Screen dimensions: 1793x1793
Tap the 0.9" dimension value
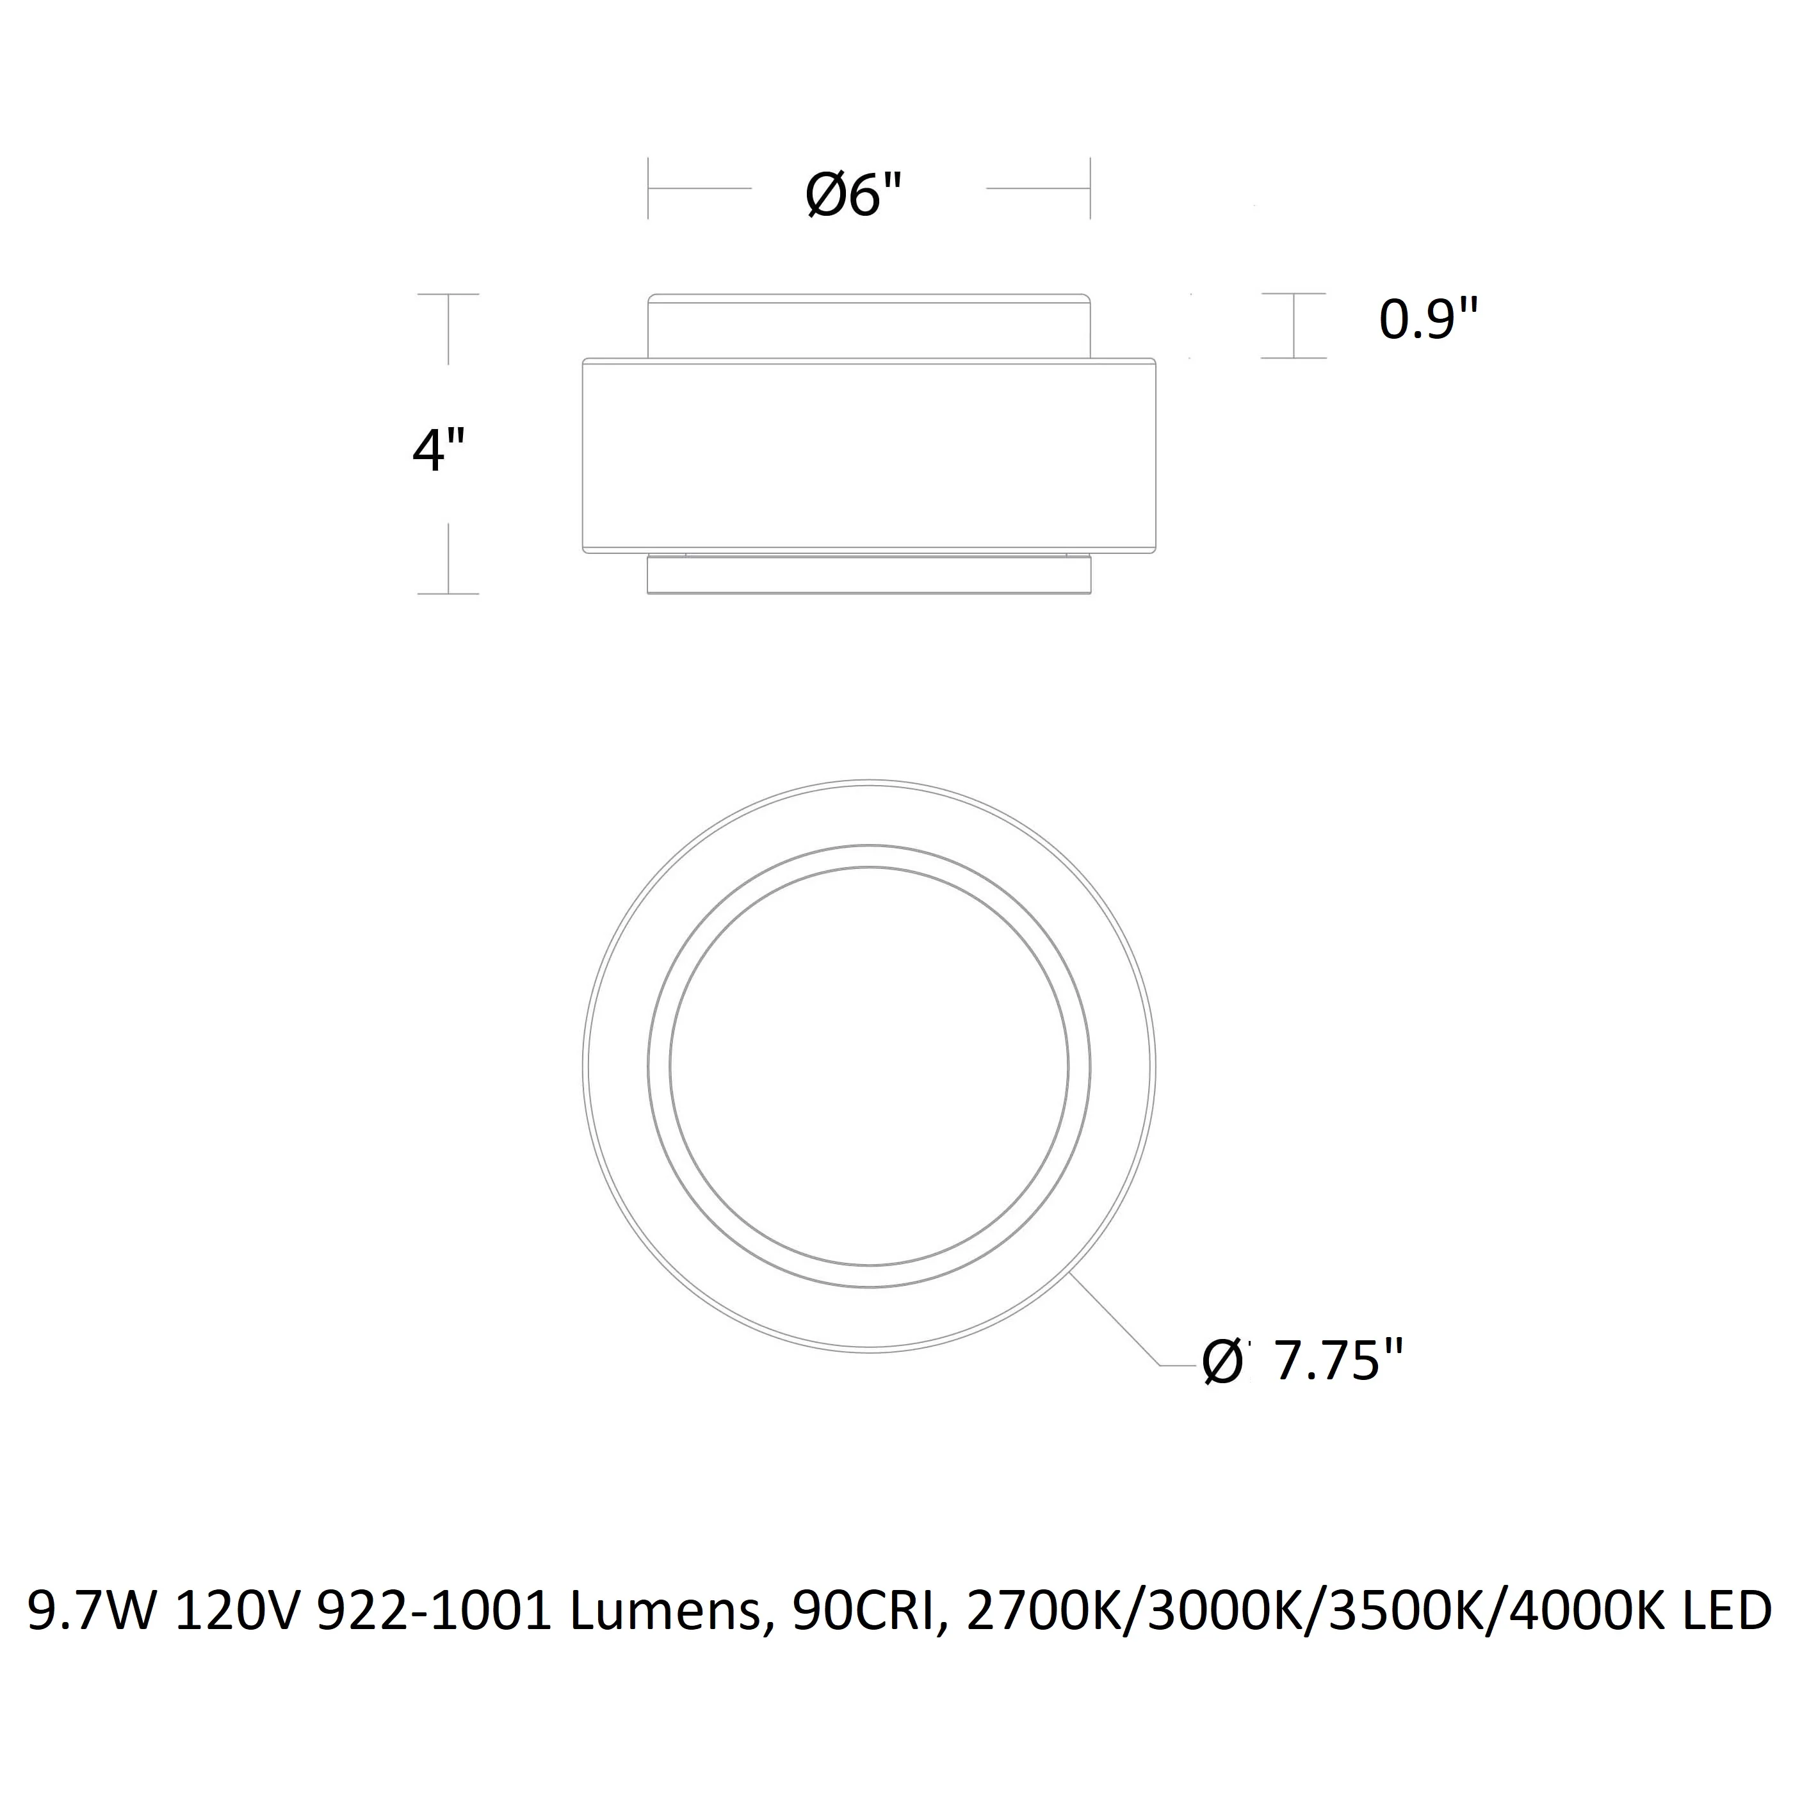(x=1427, y=320)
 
